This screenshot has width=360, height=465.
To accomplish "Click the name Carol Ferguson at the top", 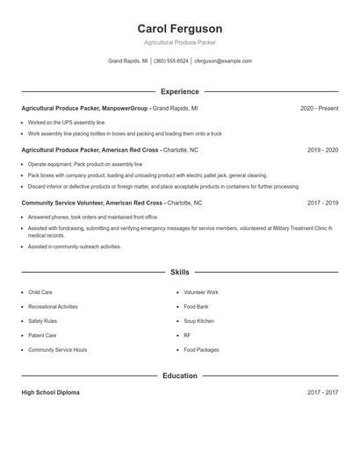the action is pos(180,28).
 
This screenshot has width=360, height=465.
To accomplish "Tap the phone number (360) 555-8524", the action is pos(171,61).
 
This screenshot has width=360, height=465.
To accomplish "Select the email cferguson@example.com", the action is pos(223,61).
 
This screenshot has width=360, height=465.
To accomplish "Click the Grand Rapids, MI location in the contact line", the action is pos(128,61).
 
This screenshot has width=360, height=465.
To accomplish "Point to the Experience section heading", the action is pos(180,91).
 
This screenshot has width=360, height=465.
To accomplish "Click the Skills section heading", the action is pos(180,272).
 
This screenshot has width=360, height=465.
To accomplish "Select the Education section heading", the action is pos(180,376).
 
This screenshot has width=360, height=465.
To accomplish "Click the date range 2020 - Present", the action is pos(319,108).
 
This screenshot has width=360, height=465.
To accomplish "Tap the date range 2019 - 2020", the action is pos(322,150).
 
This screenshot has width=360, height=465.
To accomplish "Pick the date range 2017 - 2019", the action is pos(322,203).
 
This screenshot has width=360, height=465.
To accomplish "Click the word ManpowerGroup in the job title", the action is pos(126,108).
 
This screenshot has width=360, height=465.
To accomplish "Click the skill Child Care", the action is pos(40,292).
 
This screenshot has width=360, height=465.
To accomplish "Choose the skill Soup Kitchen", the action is pos(198,321).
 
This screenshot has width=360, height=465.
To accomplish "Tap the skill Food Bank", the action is pos(196,306).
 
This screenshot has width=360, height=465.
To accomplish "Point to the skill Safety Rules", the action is pos(42,321).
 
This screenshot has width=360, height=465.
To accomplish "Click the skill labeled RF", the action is pos(187,335).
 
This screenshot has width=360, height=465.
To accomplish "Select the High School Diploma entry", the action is pos(50,392).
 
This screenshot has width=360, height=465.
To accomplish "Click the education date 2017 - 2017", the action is pos(322,392).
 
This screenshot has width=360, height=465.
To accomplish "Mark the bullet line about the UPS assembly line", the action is pos(67,123).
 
